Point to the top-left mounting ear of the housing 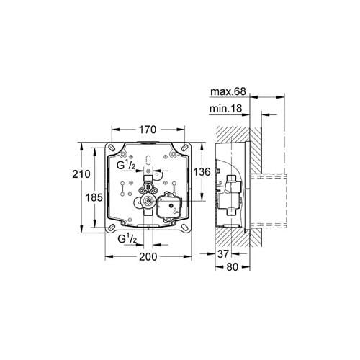point(113,147)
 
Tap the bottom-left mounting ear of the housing point(113,232)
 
